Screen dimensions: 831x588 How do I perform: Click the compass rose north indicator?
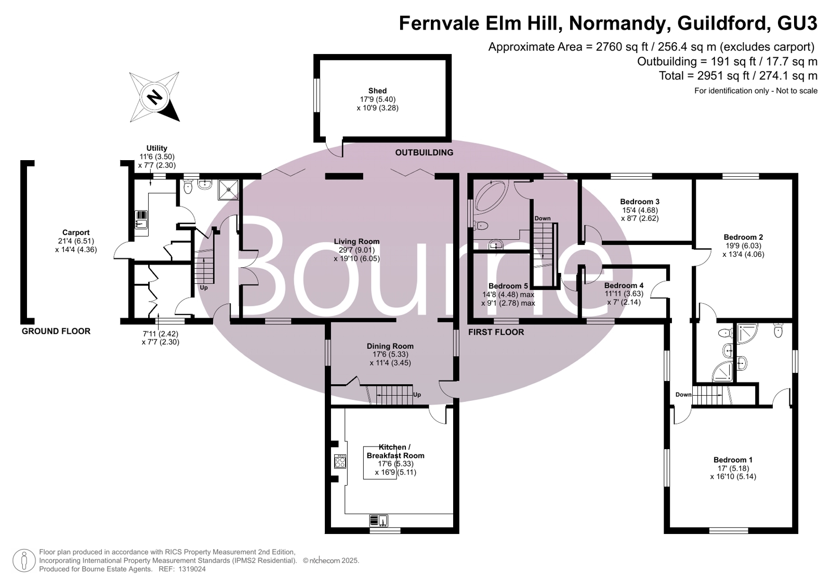pyautogui.click(x=155, y=97)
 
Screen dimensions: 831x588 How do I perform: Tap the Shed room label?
pyautogui.click(x=377, y=90)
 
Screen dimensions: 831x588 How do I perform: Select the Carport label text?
pyautogui.click(x=76, y=233)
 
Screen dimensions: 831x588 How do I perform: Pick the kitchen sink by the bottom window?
pyautogui.click(x=379, y=520)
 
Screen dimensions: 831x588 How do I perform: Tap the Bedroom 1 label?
pyautogui.click(x=733, y=460)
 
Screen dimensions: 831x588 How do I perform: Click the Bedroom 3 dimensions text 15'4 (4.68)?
pyautogui.click(x=640, y=210)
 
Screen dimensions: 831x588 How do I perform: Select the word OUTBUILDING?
pyautogui.click(x=424, y=152)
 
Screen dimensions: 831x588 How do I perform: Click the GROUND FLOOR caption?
pyautogui.click(x=56, y=332)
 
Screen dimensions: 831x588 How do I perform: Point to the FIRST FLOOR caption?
pyautogui.click(x=496, y=332)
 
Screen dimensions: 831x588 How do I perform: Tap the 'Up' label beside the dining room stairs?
pyautogui.click(x=417, y=395)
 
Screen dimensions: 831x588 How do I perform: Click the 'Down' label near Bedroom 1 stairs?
pyautogui.click(x=683, y=395)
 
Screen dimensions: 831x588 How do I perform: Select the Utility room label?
pyautogui.click(x=156, y=148)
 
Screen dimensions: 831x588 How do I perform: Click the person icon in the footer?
pyautogui.click(x=24, y=560)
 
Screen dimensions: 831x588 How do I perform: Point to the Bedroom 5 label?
pyautogui.click(x=508, y=286)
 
